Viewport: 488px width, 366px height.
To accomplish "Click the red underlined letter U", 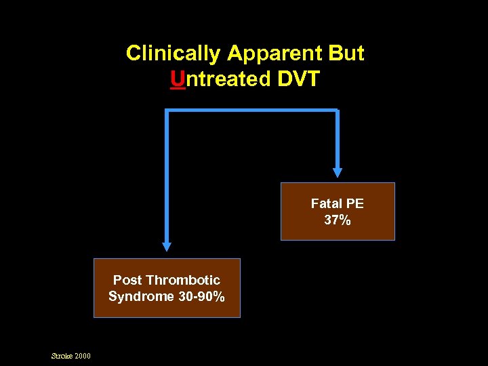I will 178,79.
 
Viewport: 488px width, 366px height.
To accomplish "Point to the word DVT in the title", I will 299,79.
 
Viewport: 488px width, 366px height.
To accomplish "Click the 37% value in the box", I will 338,220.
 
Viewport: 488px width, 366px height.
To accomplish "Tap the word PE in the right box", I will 355,203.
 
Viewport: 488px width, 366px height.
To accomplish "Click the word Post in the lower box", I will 127,280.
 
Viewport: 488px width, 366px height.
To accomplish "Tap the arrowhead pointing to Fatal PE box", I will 338,172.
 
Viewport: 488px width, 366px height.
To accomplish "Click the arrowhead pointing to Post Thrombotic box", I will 167,247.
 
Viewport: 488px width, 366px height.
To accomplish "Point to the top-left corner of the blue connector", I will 167,110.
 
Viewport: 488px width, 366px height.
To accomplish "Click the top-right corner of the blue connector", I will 337,110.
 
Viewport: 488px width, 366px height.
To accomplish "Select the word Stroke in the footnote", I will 62,356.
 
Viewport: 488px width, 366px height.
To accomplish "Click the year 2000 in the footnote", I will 83,356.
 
